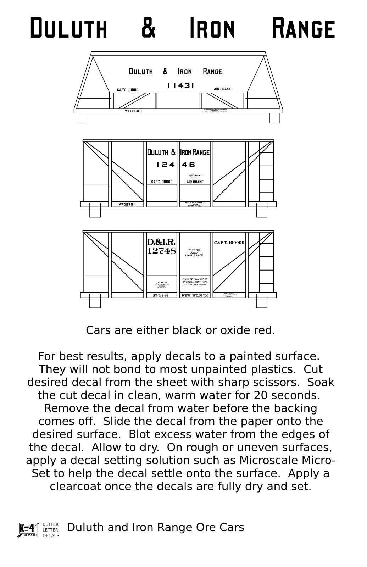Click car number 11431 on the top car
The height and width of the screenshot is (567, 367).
tap(181, 86)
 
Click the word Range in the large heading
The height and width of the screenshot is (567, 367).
tap(303, 28)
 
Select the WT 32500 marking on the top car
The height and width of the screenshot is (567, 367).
tap(133, 111)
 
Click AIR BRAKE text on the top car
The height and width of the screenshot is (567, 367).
tap(222, 89)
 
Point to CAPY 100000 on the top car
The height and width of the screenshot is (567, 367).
tap(128, 90)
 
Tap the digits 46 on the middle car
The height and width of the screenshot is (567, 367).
tap(188, 165)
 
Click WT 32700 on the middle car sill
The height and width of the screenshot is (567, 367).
tap(127, 204)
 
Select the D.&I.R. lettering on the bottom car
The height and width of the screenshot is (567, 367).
tap(161, 242)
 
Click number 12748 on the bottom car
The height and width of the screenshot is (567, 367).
tap(161, 251)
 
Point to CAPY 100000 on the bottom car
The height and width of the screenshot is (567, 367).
tap(229, 243)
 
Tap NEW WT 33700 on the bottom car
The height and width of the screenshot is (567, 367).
tap(195, 295)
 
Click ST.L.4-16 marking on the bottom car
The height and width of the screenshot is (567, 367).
tap(161, 295)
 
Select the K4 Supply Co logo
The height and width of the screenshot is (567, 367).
tap(28, 530)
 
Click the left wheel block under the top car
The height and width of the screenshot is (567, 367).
tap(82, 118)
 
